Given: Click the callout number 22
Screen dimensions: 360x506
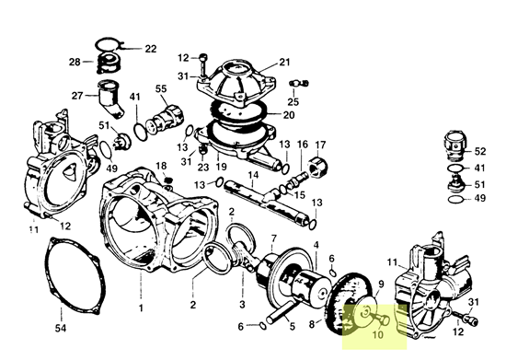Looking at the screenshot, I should (x=151, y=48).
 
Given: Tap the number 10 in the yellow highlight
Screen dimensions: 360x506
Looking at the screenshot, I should (x=377, y=334).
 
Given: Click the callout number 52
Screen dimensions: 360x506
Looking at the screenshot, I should (x=480, y=150).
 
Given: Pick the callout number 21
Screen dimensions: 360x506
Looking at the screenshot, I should (x=284, y=62).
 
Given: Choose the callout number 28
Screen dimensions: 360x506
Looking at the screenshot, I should (x=75, y=62).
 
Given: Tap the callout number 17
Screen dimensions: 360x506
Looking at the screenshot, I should (x=320, y=145).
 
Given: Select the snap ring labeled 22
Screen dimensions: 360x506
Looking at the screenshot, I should (x=112, y=44).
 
